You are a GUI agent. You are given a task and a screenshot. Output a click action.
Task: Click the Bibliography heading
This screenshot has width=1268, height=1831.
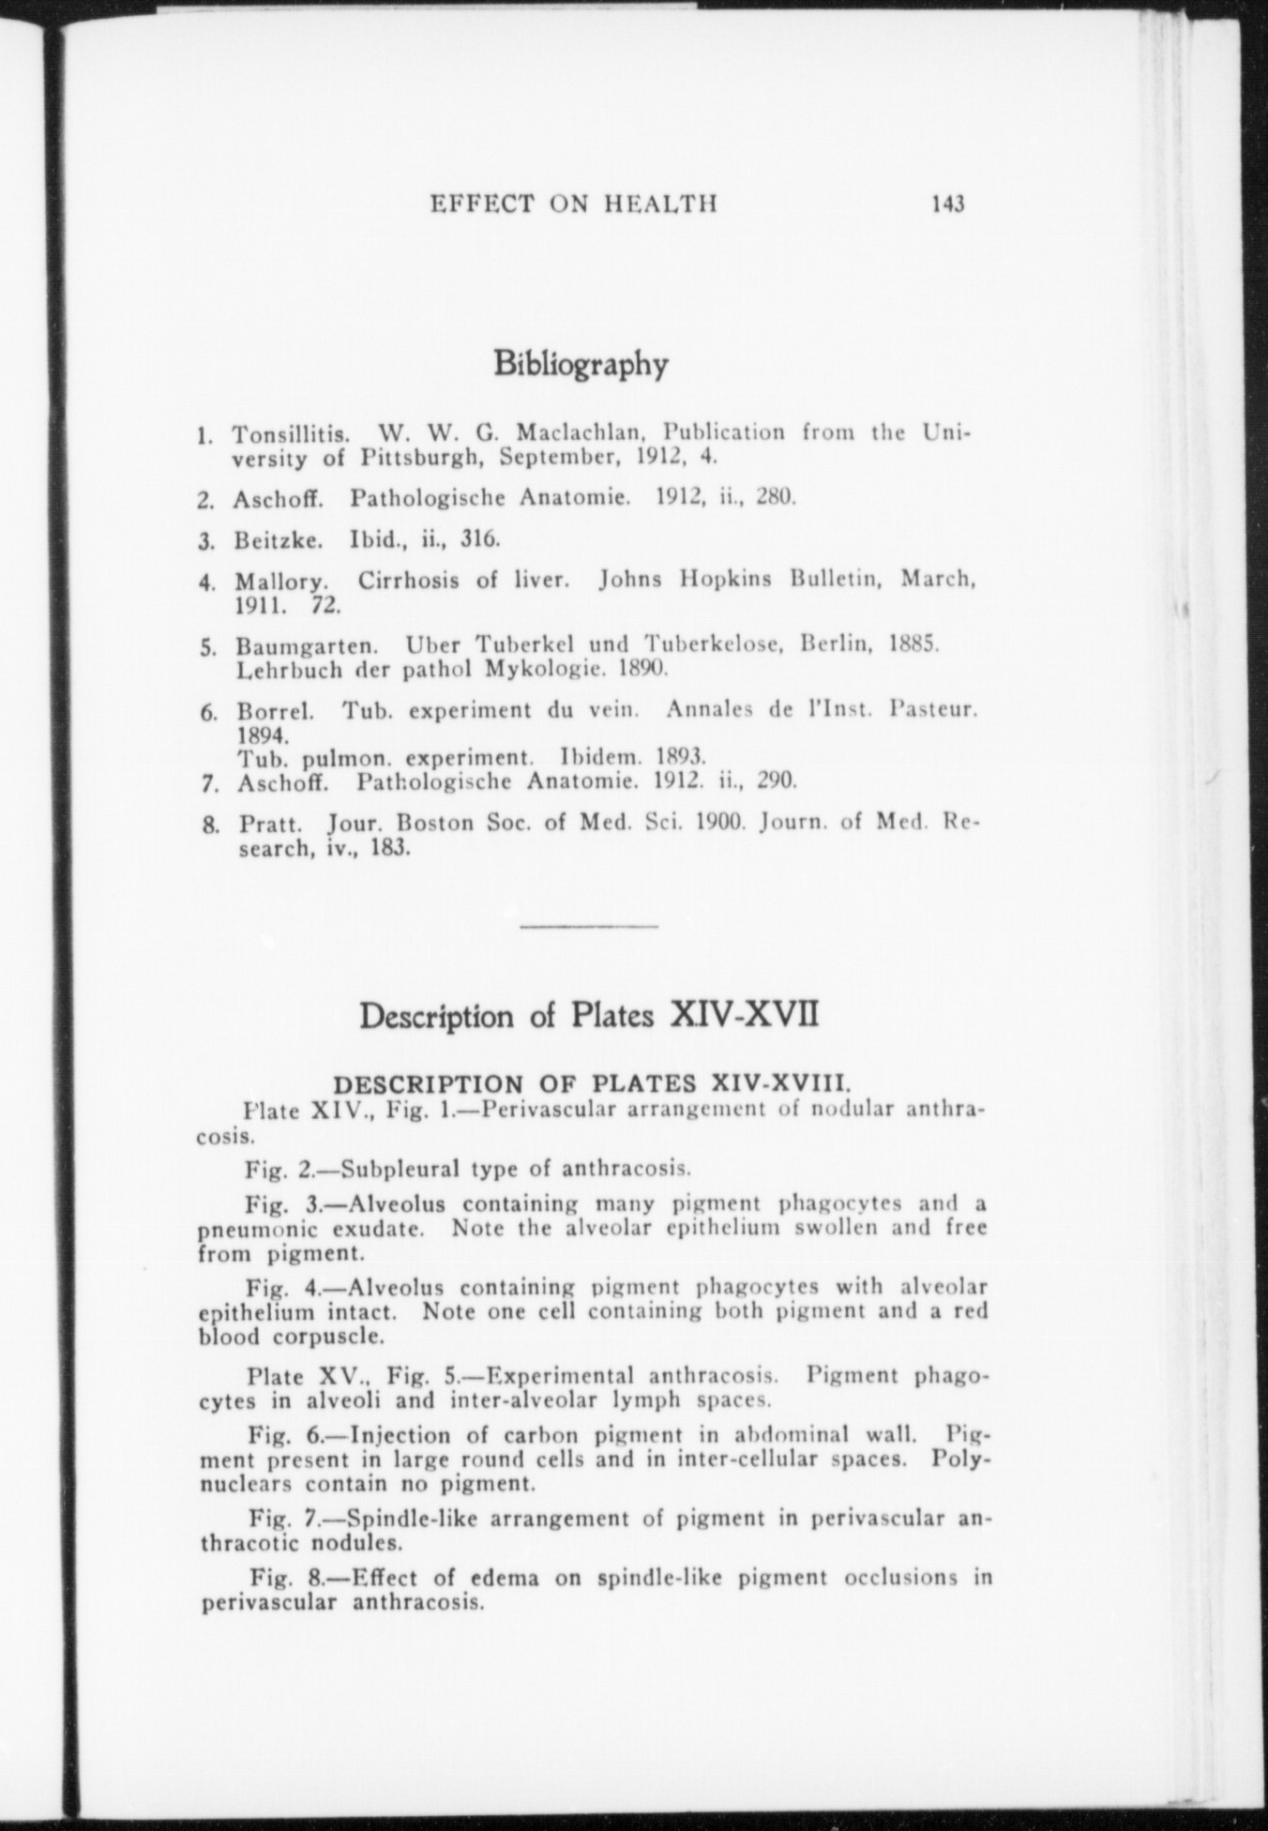[581, 364]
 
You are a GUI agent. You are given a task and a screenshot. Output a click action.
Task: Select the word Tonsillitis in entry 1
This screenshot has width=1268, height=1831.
[292, 435]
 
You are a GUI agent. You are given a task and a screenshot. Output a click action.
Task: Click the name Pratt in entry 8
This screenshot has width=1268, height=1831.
[268, 825]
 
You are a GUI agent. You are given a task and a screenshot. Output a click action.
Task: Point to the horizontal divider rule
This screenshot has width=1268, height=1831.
[588, 927]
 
